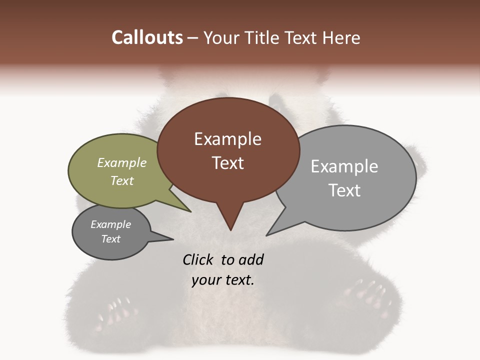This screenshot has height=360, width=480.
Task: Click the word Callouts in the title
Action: pyautogui.click(x=147, y=37)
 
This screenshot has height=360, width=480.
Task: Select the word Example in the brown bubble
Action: pyautogui.click(x=227, y=139)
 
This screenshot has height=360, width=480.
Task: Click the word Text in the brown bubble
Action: pyautogui.click(x=227, y=163)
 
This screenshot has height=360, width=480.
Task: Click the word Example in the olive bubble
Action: pyautogui.click(x=122, y=162)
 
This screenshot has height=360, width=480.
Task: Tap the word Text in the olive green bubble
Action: pyautogui.click(x=122, y=180)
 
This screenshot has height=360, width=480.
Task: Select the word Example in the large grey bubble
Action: pyautogui.click(x=344, y=166)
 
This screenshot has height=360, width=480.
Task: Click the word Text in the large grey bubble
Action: pyautogui.click(x=344, y=190)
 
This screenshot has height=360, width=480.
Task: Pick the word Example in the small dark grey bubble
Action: pyautogui.click(x=110, y=224)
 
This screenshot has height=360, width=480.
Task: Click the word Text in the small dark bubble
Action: pyautogui.click(x=110, y=239)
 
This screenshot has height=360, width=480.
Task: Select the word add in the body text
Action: pyautogui.click(x=251, y=259)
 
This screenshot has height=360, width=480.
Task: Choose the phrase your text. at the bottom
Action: pyautogui.click(x=223, y=280)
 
